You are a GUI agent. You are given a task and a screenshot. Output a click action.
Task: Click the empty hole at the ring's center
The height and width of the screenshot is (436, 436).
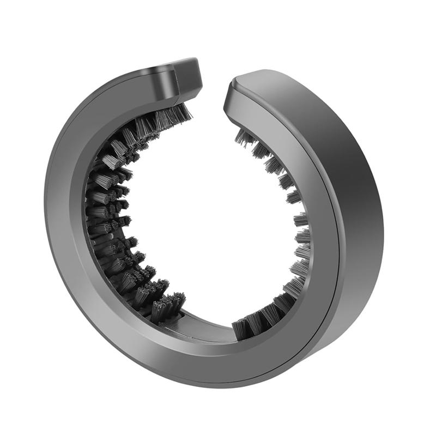(213, 218)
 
